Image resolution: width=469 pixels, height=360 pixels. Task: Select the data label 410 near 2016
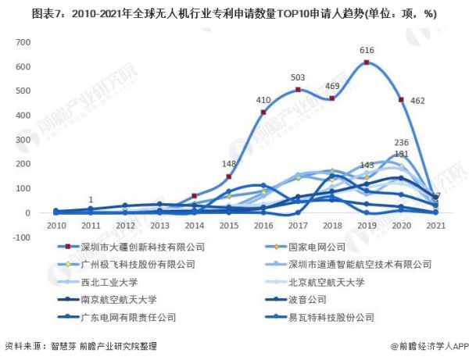(263, 101)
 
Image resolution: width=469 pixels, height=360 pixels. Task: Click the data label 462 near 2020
(417, 101)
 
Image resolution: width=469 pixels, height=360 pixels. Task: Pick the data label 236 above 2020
(401, 143)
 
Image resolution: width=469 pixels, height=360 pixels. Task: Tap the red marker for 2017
(298, 90)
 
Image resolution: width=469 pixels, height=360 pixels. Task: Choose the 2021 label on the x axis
(435, 226)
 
